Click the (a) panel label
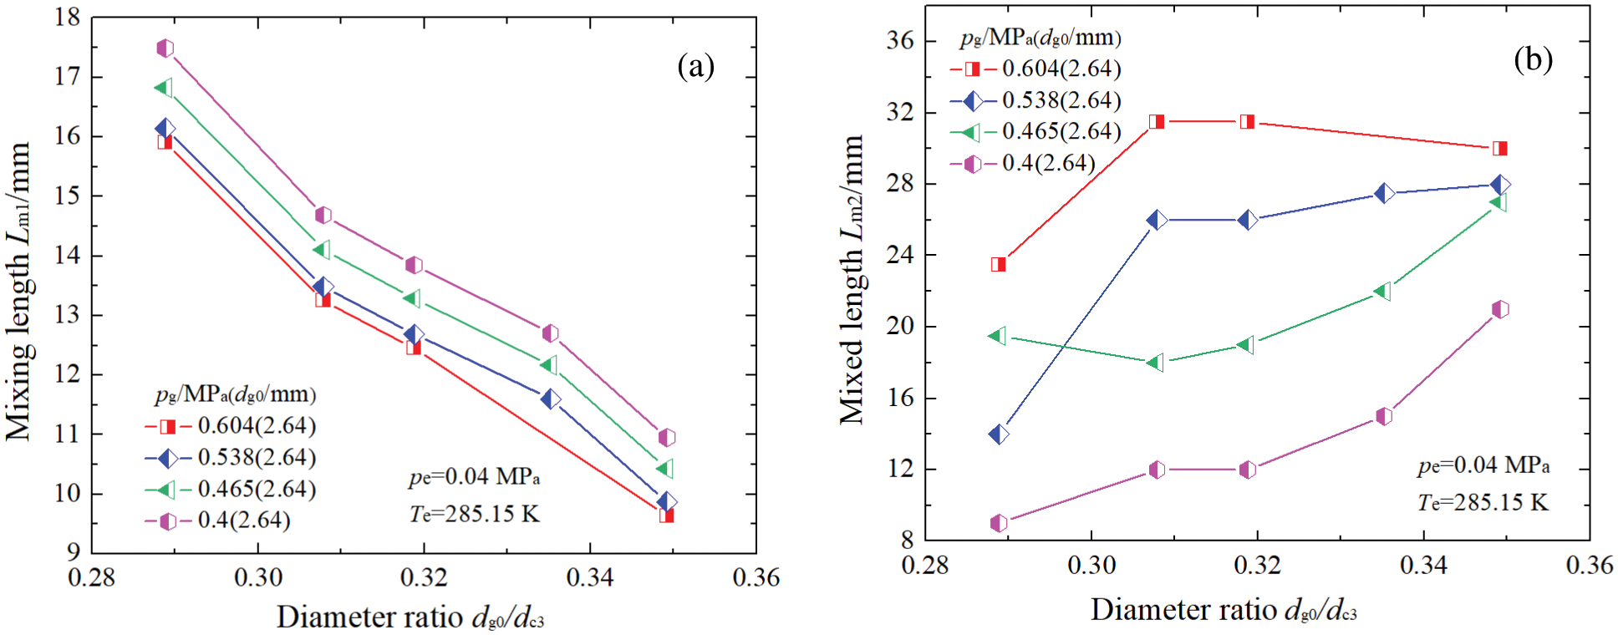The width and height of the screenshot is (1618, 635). (695, 66)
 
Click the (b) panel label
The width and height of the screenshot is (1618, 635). (1533, 59)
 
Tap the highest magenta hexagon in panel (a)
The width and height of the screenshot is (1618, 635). (165, 48)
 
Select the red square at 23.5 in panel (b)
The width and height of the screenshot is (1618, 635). (998, 264)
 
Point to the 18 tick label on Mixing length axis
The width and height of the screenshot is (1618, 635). (67, 18)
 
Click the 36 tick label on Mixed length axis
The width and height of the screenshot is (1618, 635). (900, 40)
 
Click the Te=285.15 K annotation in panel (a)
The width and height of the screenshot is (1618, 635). (474, 514)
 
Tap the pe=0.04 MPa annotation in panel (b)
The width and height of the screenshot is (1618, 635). (1483, 465)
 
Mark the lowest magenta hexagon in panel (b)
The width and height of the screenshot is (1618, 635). (998, 524)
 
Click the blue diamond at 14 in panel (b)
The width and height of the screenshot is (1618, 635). (998, 434)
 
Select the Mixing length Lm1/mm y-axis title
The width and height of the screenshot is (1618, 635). (18, 291)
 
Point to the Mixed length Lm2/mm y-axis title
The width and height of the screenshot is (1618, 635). (852, 280)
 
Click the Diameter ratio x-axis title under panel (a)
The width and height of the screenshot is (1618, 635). (410, 617)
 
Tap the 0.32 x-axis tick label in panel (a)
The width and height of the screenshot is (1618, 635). (424, 578)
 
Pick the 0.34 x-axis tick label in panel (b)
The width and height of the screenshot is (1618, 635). (1423, 566)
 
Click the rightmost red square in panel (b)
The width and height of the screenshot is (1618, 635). (1500, 149)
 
